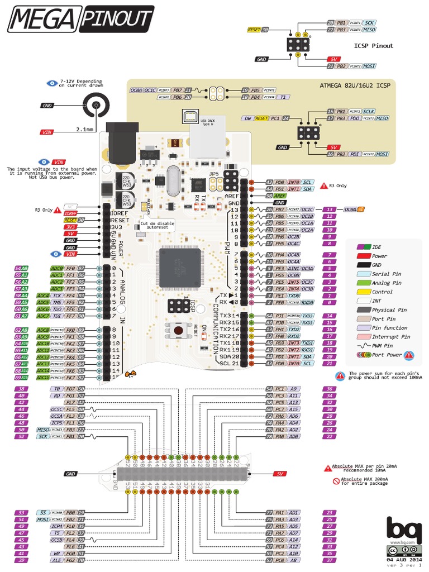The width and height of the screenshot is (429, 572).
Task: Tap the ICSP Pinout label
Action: (x=373, y=46)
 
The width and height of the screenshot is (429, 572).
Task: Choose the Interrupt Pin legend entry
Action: (x=390, y=337)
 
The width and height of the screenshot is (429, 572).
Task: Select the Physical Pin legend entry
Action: (x=391, y=309)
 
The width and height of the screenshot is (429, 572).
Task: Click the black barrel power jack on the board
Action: (x=119, y=146)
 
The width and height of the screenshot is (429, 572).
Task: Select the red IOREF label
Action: (x=70, y=213)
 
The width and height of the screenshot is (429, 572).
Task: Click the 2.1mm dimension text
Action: (x=84, y=130)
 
